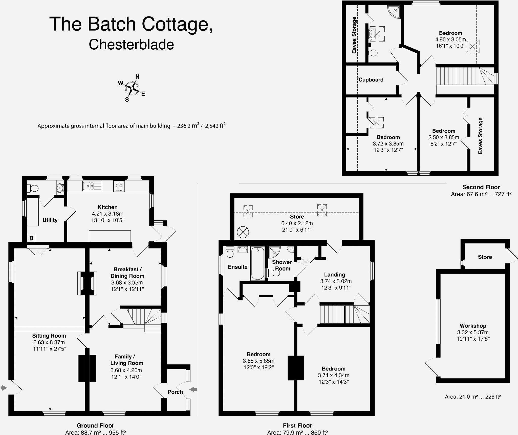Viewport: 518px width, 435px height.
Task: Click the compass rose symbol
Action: [x=132, y=88]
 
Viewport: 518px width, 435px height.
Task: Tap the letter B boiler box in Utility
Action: [x=31, y=238]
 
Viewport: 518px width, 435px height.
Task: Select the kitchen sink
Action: [x=92, y=186]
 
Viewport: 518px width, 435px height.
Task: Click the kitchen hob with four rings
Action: [x=119, y=186]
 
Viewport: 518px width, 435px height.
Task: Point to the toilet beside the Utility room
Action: [x=33, y=188]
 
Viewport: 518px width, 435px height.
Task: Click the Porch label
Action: [x=175, y=392]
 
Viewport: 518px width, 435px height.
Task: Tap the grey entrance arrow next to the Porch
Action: [x=193, y=389]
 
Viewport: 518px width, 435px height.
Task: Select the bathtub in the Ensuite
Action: [x=257, y=263]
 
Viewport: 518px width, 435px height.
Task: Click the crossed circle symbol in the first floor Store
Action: [x=243, y=232]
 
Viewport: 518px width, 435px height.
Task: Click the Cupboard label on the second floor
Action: [x=371, y=80]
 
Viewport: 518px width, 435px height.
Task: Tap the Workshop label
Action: [x=473, y=326]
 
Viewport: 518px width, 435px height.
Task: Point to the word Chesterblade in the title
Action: [x=131, y=45]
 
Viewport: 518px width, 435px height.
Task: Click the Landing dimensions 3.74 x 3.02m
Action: [x=336, y=281]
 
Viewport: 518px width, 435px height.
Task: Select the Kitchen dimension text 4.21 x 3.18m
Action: [x=107, y=214]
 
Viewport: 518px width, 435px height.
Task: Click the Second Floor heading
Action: [x=481, y=187]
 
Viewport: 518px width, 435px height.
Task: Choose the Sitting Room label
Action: [x=49, y=336]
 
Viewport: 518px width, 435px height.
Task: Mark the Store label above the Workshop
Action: [x=485, y=257]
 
